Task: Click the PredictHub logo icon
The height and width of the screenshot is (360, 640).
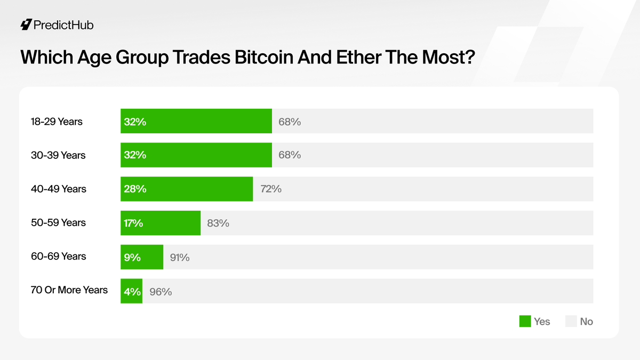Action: [26, 25]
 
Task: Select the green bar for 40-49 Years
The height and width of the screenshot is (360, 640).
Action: [187, 189]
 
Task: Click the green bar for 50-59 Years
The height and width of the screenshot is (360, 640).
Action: [161, 223]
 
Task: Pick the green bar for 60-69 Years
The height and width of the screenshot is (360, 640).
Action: [142, 257]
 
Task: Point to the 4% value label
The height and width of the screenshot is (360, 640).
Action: [132, 291]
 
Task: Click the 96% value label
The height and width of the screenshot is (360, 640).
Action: [161, 292]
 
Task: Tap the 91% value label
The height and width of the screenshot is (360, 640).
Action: [179, 258]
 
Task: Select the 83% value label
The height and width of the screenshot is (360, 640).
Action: [218, 223]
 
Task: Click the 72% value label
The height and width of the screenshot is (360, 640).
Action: [270, 189]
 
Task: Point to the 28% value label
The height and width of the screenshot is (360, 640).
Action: [135, 189]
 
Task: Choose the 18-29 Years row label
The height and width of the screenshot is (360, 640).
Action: [57, 122]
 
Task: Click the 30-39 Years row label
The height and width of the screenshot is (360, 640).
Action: [58, 155]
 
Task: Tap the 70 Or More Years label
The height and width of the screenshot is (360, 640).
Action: [69, 291]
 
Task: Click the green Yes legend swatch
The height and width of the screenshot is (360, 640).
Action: [525, 321]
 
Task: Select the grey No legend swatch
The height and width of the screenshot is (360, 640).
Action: [571, 321]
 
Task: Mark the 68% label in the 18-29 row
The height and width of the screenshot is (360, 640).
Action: [290, 122]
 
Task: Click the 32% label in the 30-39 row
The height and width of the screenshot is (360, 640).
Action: [135, 155]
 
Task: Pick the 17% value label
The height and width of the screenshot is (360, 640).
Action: [133, 223]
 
